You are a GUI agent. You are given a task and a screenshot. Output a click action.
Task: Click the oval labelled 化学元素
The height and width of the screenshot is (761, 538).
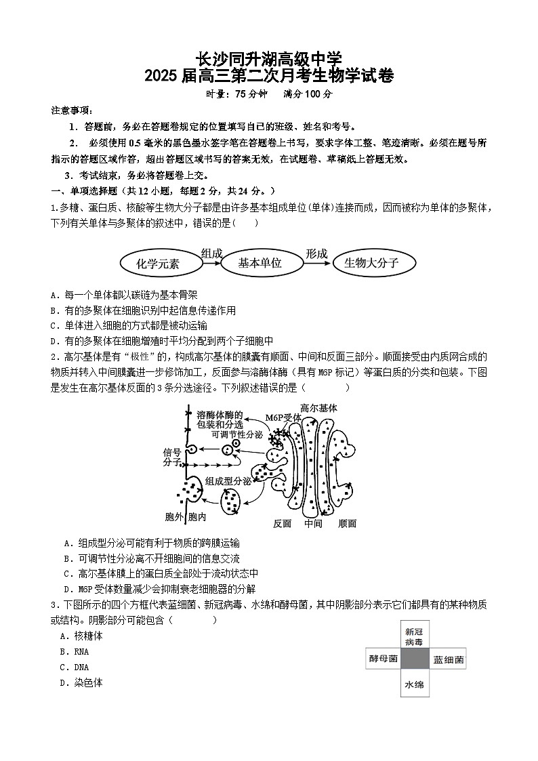coord(158,264)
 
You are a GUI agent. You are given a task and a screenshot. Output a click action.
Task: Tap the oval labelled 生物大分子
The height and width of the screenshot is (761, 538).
coord(371,263)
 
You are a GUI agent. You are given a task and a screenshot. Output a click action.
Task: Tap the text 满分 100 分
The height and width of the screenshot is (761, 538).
coord(308,94)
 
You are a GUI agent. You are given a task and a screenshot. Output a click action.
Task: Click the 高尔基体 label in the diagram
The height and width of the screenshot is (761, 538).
coord(318,408)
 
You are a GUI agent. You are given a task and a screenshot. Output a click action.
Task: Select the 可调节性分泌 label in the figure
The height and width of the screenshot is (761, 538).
coord(236,434)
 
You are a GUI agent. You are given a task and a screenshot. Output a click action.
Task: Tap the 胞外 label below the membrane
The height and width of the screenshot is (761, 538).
coord(174,517)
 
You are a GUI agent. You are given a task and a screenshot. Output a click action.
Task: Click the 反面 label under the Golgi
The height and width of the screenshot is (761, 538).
coord(282,523)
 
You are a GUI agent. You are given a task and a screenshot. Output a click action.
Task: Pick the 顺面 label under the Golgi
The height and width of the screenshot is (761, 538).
coord(347,523)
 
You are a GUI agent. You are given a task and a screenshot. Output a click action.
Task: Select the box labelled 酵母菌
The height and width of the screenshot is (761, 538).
coord(383,658)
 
